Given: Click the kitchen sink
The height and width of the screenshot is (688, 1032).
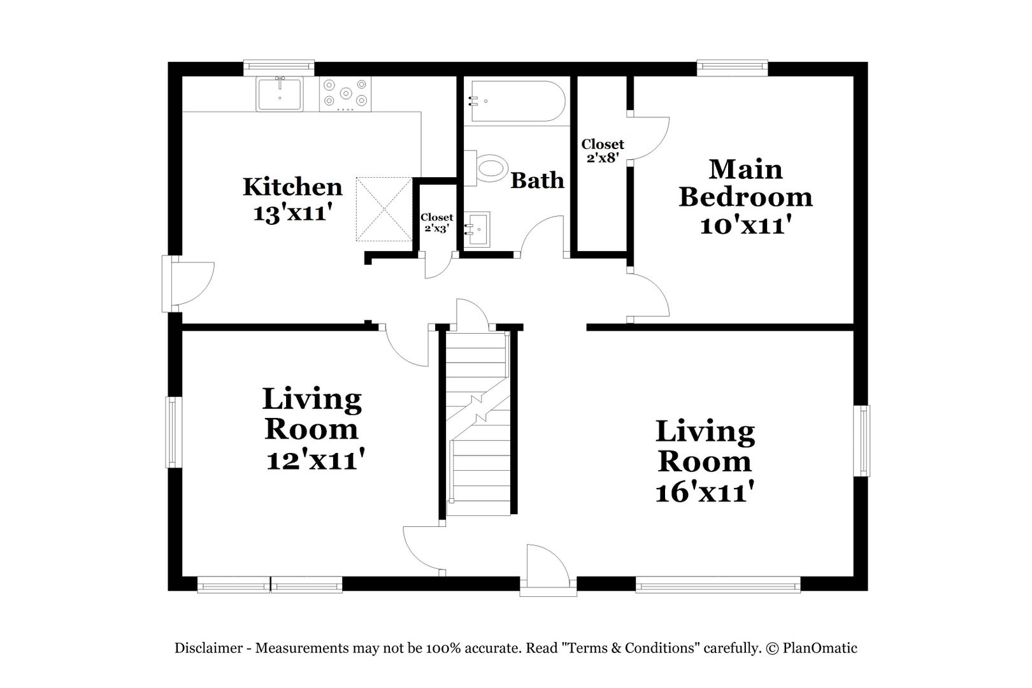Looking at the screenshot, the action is point(280,94).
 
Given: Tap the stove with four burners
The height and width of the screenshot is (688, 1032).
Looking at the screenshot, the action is point(345,94).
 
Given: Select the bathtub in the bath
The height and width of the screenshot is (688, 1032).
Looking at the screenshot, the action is point(517,101).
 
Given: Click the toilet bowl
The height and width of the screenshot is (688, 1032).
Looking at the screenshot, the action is point(491,168).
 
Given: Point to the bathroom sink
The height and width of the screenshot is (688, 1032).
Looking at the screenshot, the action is point(477,229).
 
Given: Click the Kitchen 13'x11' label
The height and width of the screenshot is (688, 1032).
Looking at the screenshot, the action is point(292,199).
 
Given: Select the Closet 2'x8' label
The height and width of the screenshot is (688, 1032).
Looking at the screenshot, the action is point(603,151).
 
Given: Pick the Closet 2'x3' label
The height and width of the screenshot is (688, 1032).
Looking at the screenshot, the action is point(437,222).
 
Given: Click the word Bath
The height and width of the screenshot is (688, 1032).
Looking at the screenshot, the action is point(537,180).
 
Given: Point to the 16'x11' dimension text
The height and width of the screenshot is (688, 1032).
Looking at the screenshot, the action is point(705,492).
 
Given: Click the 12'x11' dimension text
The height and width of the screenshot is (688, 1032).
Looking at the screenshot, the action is point(315,459).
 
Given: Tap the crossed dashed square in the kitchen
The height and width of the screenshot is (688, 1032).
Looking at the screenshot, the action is point(384,209).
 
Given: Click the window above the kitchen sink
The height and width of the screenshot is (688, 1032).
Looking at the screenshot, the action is point(279,68).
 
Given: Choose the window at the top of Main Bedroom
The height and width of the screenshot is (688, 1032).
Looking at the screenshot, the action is point(733,68).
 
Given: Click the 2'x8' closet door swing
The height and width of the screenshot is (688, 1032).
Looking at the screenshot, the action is point(649,138).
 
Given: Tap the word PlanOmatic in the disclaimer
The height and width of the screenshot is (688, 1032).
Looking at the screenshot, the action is point(820,649).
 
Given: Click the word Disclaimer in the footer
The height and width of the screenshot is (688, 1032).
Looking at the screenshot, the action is point(208,649).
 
